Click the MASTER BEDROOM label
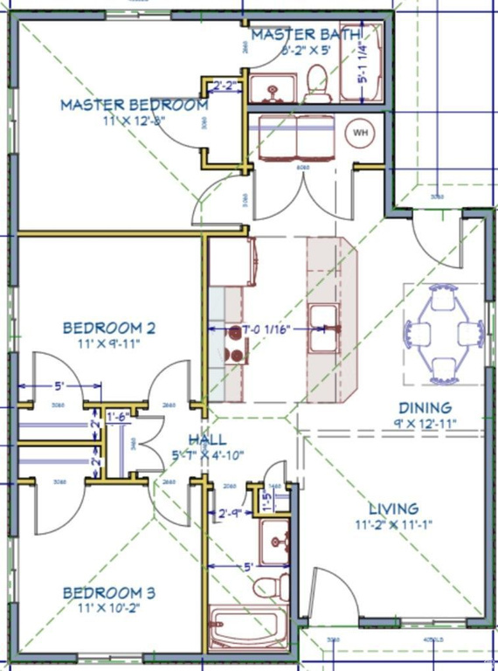134,105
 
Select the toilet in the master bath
316,83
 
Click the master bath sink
268,88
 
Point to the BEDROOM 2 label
109,329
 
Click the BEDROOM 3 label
109,593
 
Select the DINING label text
425,408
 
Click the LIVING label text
393,508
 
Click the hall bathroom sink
277,541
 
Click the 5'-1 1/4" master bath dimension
363,65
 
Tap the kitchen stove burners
235,343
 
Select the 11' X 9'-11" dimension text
109,344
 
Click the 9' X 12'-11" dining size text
425,424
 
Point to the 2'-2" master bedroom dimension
225,86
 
